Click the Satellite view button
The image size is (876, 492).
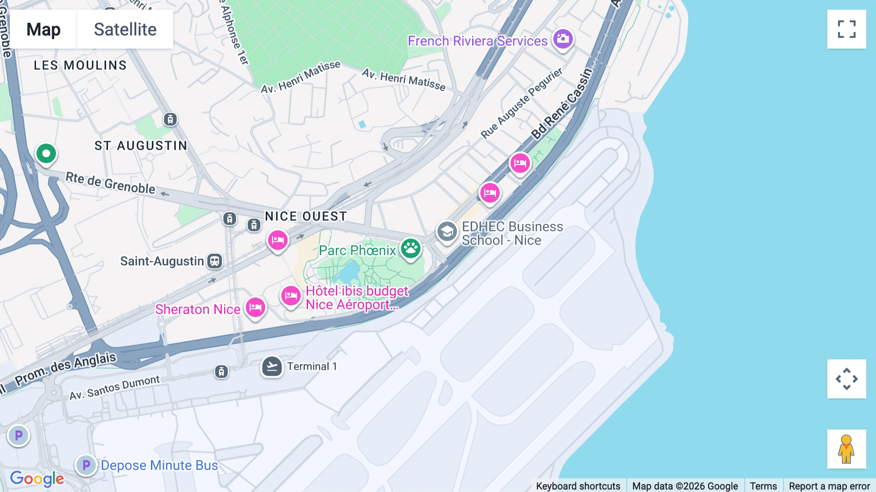point(125,29)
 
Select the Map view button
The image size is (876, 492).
point(43,29)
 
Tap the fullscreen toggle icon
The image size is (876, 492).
point(846,29)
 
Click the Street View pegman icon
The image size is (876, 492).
point(846,449)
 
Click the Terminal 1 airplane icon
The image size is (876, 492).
point(272,367)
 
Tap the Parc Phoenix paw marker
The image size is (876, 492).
point(411,248)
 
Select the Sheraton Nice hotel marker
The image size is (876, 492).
point(255,307)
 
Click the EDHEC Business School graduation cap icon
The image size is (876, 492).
point(447,232)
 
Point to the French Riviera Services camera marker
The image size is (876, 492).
point(563,39)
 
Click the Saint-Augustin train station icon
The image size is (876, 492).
point(215,261)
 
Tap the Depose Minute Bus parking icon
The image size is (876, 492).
point(86,465)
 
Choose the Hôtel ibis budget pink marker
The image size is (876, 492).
point(291,296)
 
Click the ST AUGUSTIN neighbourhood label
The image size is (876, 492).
point(141,146)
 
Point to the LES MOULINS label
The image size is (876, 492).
point(80,65)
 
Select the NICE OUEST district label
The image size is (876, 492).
point(306,216)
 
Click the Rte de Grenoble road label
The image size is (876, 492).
point(110,183)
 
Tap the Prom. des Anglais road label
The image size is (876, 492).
point(66,369)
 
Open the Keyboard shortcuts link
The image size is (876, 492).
point(578,486)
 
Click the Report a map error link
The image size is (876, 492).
point(829,486)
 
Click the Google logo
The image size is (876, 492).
point(37,478)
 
